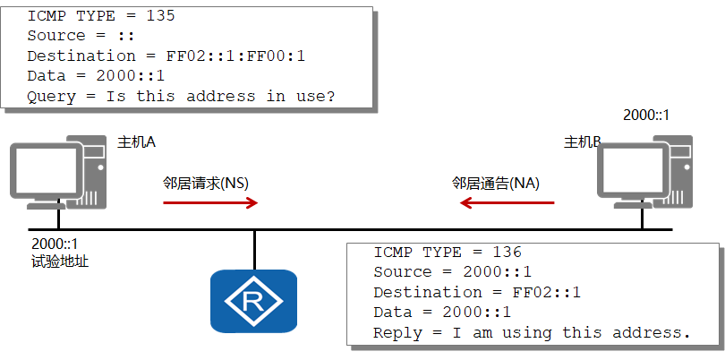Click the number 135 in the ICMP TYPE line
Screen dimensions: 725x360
[x=161, y=16]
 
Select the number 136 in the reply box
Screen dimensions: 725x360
[x=507, y=253]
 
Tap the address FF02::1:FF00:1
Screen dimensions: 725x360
[x=235, y=56]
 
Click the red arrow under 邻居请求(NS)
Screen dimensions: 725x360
[x=210, y=202]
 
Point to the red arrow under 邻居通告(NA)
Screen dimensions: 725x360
[x=507, y=202]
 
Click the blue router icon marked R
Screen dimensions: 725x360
[x=253, y=301]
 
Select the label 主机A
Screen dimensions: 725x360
[x=136, y=141]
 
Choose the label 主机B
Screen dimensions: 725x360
[x=582, y=141]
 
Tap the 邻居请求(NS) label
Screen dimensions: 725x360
[x=206, y=184]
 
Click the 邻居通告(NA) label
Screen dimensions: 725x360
[x=496, y=184]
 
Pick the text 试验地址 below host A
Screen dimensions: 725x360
[x=60, y=261]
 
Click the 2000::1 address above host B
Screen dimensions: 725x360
[x=646, y=116]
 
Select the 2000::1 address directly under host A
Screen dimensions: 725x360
[x=55, y=244]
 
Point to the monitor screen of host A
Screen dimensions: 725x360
[x=46, y=171]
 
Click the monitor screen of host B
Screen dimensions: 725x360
[x=632, y=171]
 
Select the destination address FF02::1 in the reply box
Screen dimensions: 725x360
[x=547, y=293]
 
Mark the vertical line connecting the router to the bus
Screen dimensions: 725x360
[x=254, y=250]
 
